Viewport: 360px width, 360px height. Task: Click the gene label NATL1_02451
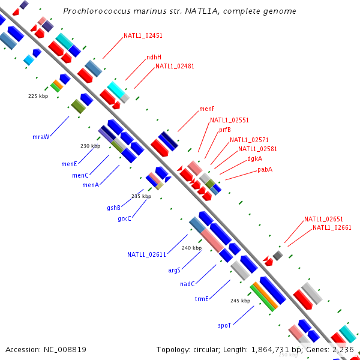click(143, 35)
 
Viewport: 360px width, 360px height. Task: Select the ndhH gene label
click(154, 58)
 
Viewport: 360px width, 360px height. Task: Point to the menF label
click(207, 109)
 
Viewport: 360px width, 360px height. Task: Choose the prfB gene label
click(224, 130)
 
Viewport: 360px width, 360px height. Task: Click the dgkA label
click(254, 159)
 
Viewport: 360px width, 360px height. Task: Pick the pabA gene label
click(265, 169)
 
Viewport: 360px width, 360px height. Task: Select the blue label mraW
click(40, 137)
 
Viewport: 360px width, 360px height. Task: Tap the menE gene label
click(69, 164)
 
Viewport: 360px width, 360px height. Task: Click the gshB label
click(114, 208)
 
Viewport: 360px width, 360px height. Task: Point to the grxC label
click(124, 218)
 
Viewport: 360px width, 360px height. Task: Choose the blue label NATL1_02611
click(146, 254)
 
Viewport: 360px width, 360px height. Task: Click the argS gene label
click(174, 270)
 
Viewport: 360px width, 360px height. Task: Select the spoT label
click(224, 325)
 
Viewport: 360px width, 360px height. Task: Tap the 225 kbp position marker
click(38, 95)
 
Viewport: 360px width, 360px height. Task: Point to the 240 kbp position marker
click(192, 248)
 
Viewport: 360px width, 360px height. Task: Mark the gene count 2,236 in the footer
click(343, 349)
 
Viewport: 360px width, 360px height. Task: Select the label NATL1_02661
click(331, 227)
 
